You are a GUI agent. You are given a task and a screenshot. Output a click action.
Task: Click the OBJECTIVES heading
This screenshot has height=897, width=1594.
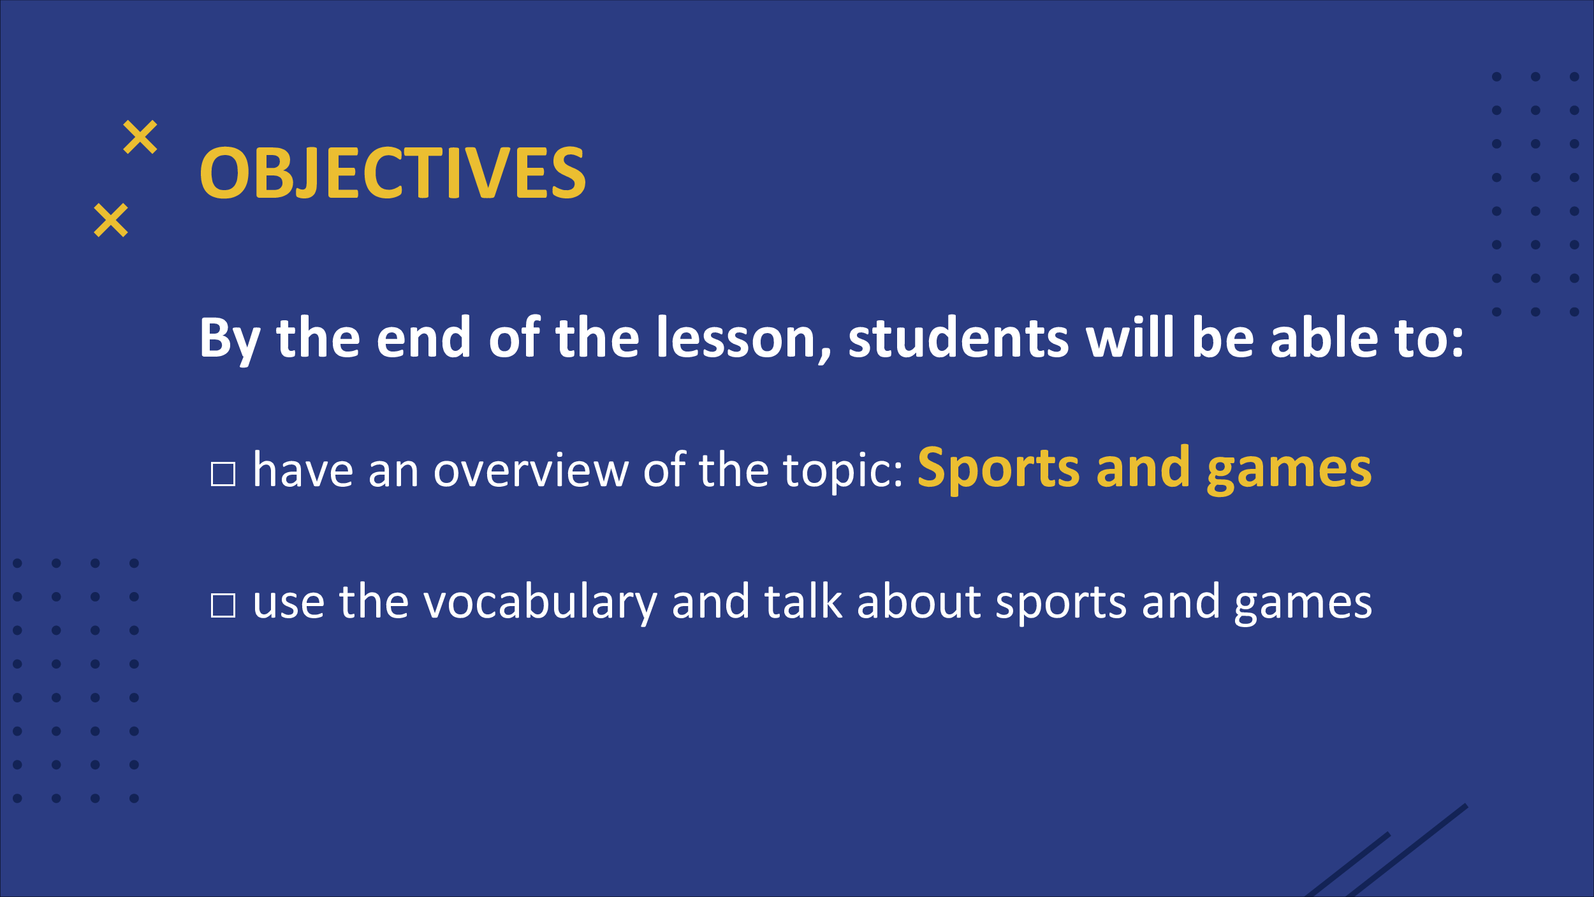(392, 172)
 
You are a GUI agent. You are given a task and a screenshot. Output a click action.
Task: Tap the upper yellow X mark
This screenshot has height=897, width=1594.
(140, 137)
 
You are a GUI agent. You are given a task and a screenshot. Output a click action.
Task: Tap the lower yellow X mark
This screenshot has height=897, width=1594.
(111, 220)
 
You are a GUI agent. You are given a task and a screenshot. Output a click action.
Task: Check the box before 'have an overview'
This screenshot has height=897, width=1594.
(223, 474)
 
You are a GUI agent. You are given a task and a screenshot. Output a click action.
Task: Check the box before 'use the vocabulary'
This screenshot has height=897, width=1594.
(223, 605)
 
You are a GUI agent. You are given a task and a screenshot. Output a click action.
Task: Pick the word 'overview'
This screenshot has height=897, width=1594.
(531, 470)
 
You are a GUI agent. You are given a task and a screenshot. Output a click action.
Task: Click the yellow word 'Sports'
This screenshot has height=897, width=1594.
(998, 469)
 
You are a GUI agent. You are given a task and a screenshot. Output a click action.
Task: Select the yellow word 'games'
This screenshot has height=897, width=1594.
(1289, 472)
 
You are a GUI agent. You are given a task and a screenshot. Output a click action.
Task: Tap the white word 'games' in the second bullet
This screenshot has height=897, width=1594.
(1303, 605)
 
